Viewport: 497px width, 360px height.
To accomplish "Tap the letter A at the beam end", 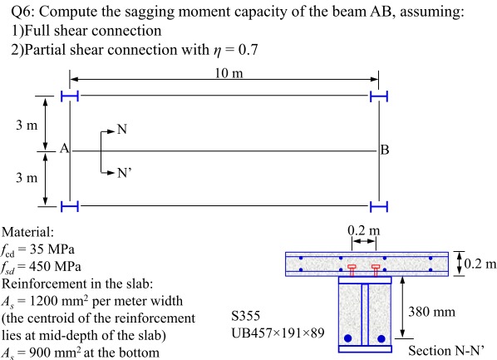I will point(62,150).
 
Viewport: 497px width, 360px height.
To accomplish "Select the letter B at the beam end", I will point(384,150).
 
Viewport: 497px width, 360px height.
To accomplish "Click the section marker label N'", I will point(125,174).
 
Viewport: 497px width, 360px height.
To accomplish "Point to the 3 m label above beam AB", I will point(26,126).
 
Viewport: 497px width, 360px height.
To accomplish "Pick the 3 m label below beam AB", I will point(26,178).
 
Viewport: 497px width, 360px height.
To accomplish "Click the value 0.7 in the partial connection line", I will point(247,49).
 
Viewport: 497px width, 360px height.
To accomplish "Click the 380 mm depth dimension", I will point(438,312).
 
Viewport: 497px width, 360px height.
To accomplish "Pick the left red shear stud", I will point(352,270).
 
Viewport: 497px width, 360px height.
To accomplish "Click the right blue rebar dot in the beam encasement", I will point(381,338).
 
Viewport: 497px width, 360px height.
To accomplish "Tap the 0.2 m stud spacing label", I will point(363,230).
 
